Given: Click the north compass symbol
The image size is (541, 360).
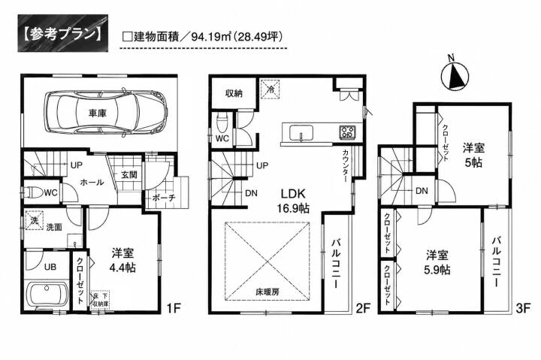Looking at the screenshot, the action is (455, 76).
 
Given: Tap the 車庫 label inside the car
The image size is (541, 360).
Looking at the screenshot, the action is (98, 113).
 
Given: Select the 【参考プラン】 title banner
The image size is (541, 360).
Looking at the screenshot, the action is (63, 33).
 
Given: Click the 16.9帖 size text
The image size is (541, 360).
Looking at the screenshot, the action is (293, 208).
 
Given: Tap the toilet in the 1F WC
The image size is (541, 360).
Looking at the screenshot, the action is (33, 192).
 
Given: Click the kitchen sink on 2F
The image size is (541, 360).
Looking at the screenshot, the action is (301, 132).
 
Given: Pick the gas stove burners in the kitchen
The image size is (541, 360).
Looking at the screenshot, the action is (347, 132).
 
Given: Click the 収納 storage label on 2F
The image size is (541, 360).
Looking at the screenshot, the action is (234, 93).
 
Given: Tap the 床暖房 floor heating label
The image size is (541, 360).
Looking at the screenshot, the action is (267, 292).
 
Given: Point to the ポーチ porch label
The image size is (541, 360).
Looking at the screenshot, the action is (164, 198).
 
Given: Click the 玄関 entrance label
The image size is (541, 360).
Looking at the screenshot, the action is (129, 174).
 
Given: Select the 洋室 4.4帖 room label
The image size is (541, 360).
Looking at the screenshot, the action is (122, 260).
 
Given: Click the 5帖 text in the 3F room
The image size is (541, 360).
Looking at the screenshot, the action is (473, 162).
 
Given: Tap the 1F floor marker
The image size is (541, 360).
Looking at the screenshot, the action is (174, 308).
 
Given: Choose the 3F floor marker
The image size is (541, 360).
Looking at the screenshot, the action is (523, 308).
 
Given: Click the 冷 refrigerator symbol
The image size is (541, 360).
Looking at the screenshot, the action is (270, 89).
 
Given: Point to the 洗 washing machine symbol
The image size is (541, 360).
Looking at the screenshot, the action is (35, 220).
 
